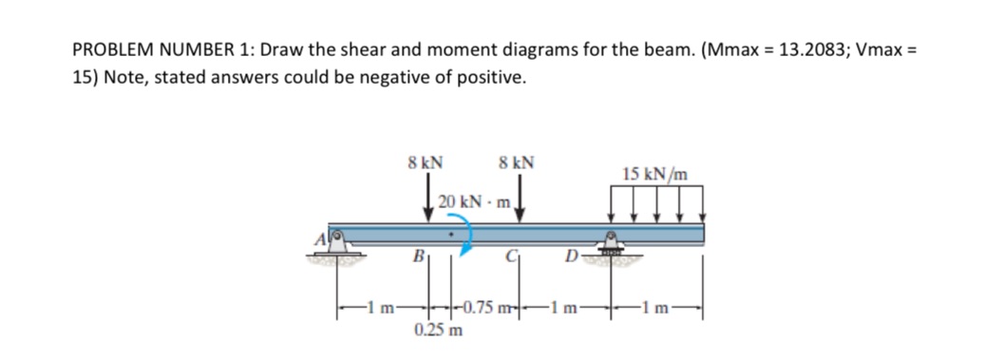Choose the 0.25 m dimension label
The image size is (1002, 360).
[x=439, y=330]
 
